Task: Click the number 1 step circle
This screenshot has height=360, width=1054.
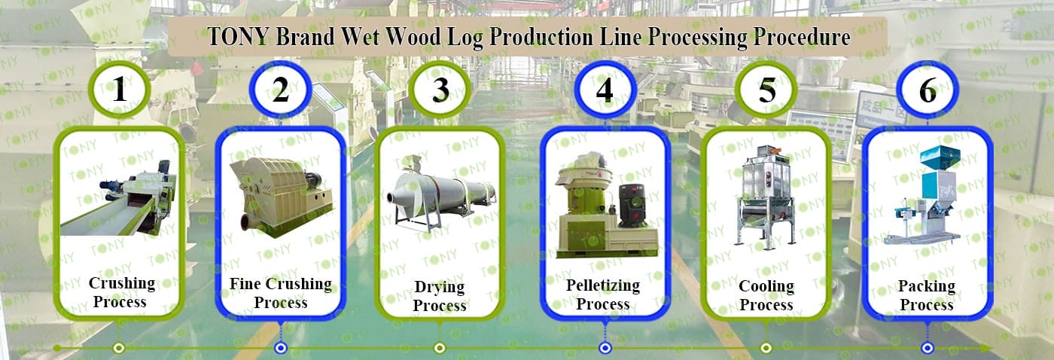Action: click(x=119, y=90)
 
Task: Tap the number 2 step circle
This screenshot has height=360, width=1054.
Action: click(x=280, y=90)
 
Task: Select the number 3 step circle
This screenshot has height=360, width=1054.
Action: click(x=441, y=90)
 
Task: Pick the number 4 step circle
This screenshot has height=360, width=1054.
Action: click(x=604, y=90)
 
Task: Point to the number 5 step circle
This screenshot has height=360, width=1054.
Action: click(x=766, y=90)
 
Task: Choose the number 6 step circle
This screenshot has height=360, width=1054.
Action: click(x=928, y=90)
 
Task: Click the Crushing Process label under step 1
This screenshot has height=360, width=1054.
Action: click(x=121, y=292)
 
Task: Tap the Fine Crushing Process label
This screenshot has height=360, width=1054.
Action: click(x=281, y=293)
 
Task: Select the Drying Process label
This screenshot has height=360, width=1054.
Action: click(x=440, y=296)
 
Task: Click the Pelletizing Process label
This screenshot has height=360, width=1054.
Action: click(x=603, y=294)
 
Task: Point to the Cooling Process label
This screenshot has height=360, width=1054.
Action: click(x=766, y=295)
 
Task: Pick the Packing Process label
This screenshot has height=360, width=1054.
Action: click(x=927, y=295)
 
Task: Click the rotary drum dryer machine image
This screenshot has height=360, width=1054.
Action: click(x=440, y=192)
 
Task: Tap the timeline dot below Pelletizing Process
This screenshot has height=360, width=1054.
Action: click(x=605, y=348)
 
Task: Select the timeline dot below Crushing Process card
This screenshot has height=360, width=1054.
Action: click(x=118, y=348)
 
